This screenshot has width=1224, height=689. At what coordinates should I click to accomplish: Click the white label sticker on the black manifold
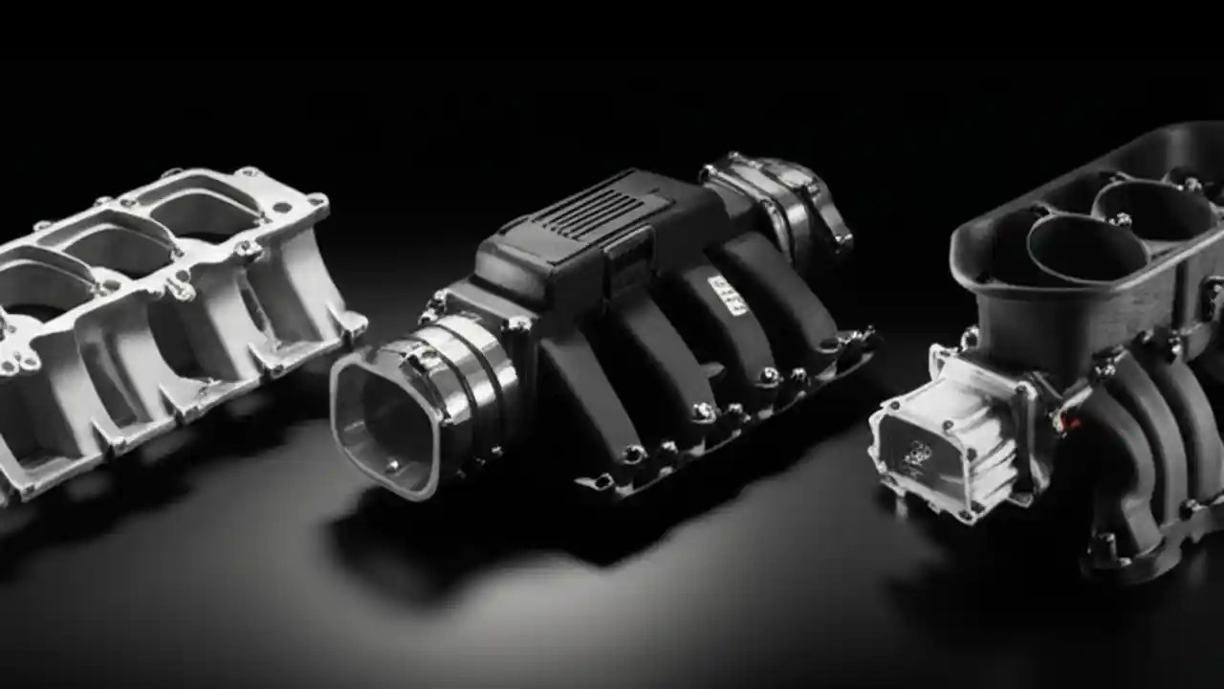pos(726,295)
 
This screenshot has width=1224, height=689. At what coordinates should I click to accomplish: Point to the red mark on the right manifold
pos(1067,420)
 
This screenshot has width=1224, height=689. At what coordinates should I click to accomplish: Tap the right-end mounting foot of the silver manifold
pos(350,325)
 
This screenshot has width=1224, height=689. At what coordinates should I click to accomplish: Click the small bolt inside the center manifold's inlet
pos(392,465)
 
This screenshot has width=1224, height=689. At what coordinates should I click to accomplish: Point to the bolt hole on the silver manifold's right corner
pos(316,202)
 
